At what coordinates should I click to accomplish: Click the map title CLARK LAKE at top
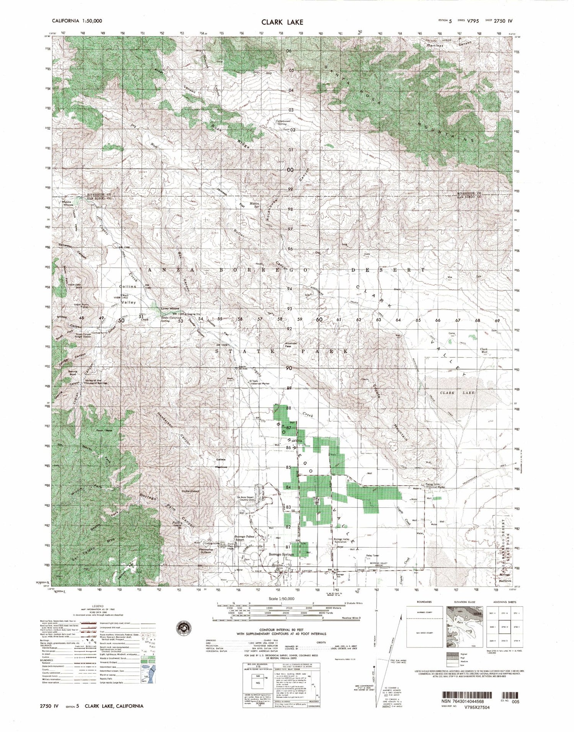tap(277, 22)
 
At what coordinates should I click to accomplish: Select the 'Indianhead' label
tap(190, 490)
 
